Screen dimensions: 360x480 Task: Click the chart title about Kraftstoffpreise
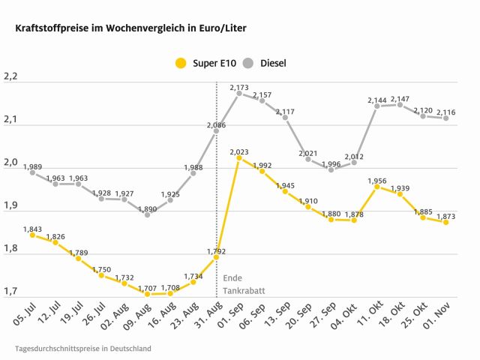(125, 28)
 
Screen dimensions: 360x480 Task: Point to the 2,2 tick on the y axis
(10, 76)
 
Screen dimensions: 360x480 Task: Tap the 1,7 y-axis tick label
(10, 291)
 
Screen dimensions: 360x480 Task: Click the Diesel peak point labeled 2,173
(239, 94)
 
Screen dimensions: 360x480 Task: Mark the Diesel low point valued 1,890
(147, 214)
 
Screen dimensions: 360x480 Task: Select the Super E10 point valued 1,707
(147, 294)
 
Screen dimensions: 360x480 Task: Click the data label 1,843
(33, 228)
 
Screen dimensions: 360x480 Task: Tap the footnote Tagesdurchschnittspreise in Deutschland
(82, 349)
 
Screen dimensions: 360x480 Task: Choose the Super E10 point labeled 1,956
(377, 187)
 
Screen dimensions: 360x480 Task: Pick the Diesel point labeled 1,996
(331, 169)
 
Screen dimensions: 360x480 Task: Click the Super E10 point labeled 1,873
(446, 222)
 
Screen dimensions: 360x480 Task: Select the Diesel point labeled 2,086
(217, 131)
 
